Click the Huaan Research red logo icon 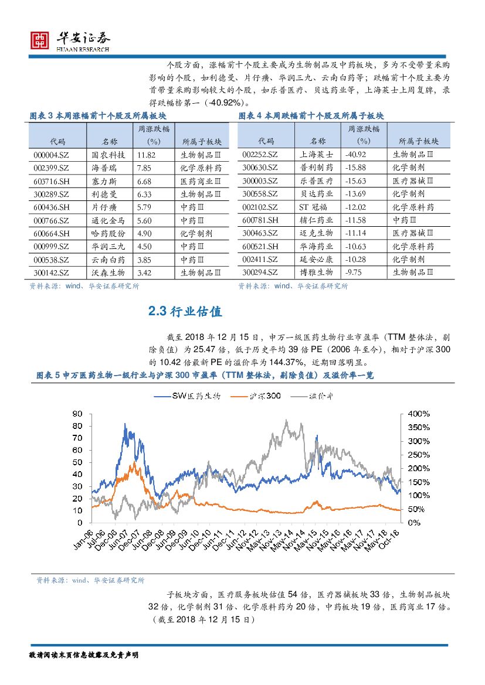pos(40,40)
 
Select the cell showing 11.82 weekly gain pos(146,155)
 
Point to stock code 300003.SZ pos(260,181)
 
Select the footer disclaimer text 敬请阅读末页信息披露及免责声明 pos(84,655)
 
